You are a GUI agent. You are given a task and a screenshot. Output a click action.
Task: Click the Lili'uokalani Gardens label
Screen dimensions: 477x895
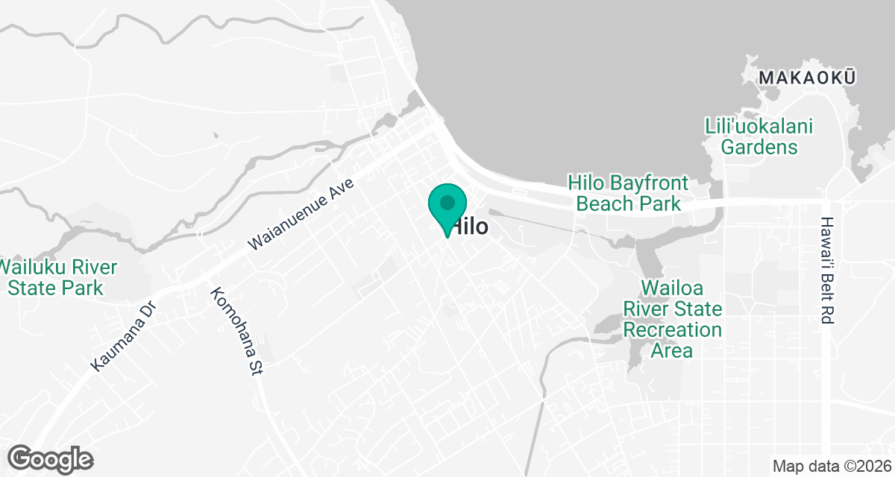(x=759, y=136)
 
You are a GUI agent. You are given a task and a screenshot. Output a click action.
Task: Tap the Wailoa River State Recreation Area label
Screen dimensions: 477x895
(x=672, y=319)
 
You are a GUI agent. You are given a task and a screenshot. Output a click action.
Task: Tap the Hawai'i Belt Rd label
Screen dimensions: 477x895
(x=826, y=271)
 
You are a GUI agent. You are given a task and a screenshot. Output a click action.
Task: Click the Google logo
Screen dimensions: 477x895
(x=51, y=459)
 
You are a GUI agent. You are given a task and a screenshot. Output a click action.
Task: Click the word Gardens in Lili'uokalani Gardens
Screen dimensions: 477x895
(x=759, y=147)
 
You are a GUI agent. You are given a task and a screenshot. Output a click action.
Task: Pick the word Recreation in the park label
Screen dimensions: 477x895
(x=672, y=329)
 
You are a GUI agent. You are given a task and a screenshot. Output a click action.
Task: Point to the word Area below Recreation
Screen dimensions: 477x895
(x=672, y=350)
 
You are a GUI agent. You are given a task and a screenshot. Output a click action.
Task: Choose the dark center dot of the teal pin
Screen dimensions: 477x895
(x=447, y=202)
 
